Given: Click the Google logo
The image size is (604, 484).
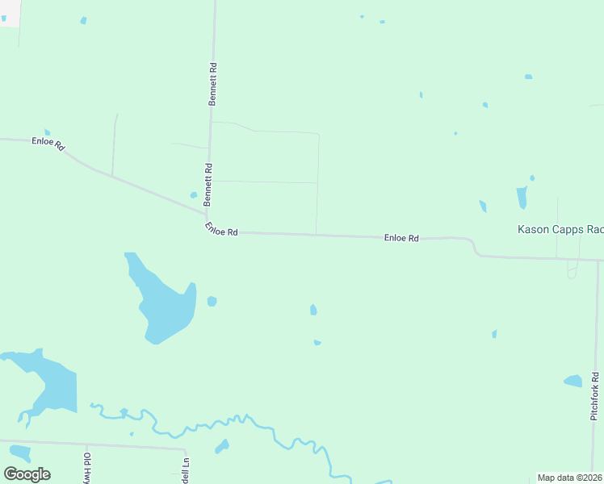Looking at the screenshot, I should (27, 474).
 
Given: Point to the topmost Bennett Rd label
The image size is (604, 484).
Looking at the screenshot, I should (213, 85).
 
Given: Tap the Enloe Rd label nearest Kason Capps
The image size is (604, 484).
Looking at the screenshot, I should (401, 238).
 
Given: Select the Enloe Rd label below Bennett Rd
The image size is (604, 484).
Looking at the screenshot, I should (220, 230).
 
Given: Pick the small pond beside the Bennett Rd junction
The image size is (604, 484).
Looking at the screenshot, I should (194, 194).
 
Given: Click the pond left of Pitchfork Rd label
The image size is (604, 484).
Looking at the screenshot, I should (573, 381).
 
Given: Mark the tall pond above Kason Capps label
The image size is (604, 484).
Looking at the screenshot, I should (522, 198).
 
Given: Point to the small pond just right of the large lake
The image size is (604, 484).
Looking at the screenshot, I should (212, 301).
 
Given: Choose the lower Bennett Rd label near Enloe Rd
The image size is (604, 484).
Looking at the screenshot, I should (208, 184).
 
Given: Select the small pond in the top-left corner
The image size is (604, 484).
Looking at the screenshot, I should (83, 20).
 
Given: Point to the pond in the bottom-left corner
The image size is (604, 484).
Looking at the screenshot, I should (19, 453).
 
